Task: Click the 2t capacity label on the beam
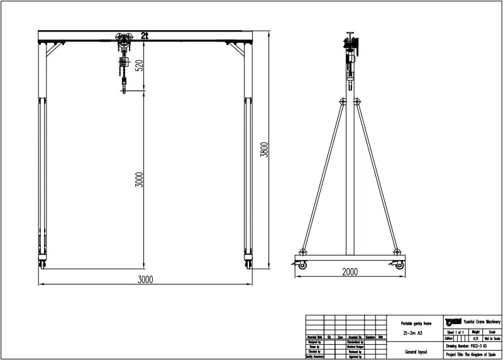point(145,36)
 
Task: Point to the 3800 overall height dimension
point(265,150)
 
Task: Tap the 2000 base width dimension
point(350,272)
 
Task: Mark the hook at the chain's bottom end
point(124,89)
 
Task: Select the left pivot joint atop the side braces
point(342,101)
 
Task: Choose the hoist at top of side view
point(350,50)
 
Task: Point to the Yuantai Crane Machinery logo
point(453,320)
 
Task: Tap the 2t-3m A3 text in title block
point(412,333)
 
